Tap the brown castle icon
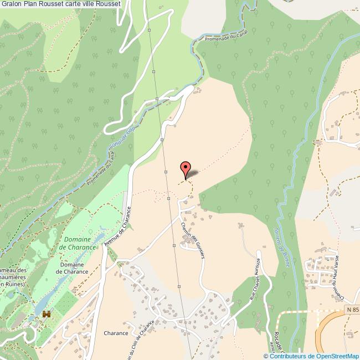tap(47, 314)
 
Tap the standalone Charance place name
tap(116, 333)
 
